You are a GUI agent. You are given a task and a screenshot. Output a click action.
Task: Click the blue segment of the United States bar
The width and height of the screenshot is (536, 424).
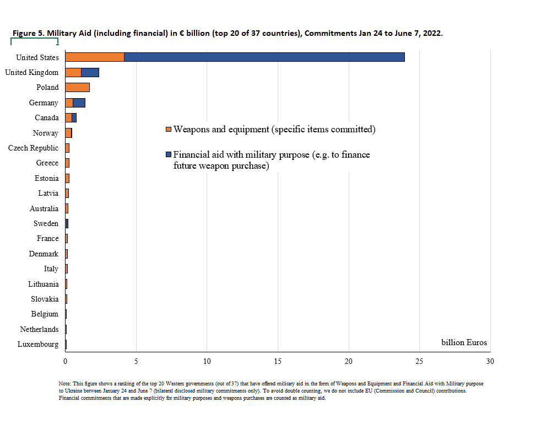point(264,57)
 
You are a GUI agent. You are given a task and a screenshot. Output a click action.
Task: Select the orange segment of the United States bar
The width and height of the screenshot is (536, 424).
point(95,57)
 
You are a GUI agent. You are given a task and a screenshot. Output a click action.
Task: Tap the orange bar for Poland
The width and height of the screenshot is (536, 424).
point(77,87)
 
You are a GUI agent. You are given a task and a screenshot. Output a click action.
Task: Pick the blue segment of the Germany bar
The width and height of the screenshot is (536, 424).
point(79,103)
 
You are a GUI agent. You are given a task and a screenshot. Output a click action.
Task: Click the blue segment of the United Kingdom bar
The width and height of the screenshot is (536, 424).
point(90,72)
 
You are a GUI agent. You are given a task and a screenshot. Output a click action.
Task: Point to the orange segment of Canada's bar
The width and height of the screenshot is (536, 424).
point(68,118)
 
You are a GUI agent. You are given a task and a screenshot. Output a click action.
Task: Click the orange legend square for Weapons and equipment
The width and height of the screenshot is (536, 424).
point(168,130)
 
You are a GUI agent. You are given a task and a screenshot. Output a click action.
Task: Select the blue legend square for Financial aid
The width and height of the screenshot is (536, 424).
point(168,155)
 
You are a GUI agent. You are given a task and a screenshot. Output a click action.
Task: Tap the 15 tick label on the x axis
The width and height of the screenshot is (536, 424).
point(278,361)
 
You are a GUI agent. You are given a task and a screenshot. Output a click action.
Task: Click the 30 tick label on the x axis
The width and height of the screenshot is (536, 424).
point(490,361)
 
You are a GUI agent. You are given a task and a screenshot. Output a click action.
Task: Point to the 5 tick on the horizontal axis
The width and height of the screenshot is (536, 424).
point(136,361)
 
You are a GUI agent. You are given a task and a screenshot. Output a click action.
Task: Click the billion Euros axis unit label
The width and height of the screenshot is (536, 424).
point(464,342)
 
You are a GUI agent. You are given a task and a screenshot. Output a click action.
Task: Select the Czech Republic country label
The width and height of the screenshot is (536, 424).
point(33,148)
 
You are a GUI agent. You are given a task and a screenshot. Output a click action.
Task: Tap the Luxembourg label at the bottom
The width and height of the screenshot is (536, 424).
point(38,344)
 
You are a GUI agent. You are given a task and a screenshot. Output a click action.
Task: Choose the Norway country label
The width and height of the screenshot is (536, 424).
point(46,133)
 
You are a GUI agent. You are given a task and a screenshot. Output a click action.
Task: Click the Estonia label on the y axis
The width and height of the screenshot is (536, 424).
point(46,178)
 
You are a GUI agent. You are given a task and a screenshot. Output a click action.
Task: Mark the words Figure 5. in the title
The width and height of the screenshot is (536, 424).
point(29,33)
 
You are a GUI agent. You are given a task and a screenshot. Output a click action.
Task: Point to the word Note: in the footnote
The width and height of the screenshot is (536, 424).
point(65,384)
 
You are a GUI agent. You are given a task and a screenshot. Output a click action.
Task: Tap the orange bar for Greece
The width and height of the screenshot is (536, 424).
point(67,163)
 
